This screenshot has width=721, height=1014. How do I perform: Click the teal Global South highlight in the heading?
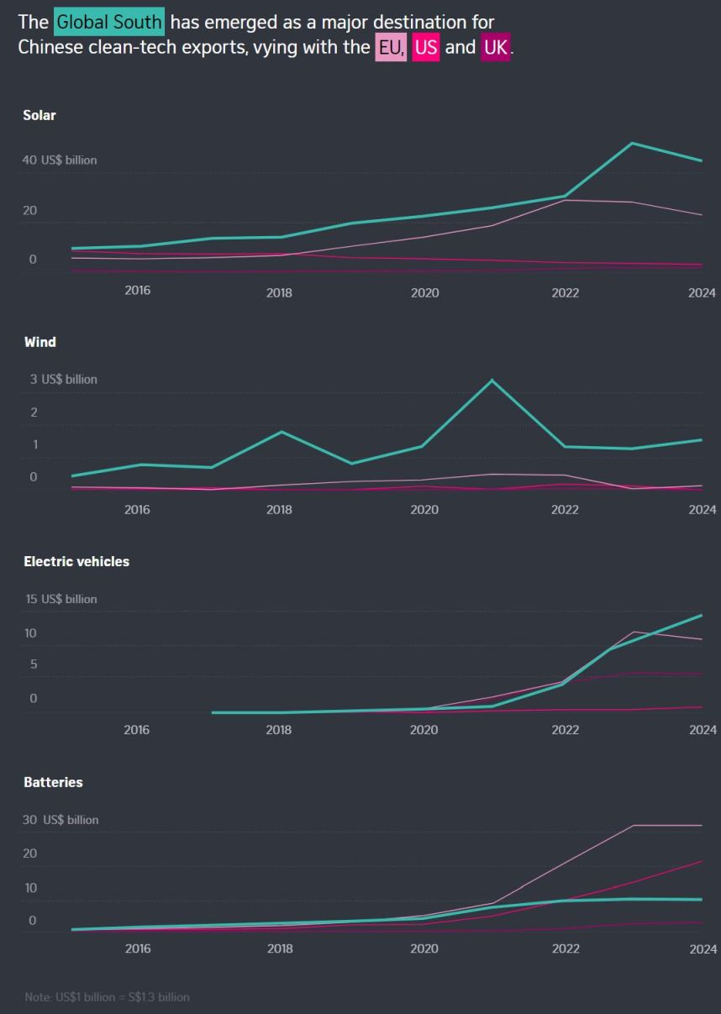[108, 22]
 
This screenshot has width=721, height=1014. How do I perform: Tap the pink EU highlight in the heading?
[391, 48]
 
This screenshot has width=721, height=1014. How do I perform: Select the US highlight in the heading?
[426, 48]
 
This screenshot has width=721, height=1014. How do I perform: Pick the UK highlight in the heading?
[496, 48]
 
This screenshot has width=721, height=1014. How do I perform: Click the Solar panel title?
[39, 116]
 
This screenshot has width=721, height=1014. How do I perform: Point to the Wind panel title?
[39, 342]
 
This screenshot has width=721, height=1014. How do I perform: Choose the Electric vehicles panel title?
[76, 561]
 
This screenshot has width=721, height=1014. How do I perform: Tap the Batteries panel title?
[53, 782]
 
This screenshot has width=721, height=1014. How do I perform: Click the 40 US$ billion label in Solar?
[60, 160]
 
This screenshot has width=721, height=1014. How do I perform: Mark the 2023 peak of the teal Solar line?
[632, 143]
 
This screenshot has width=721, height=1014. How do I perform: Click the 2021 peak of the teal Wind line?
[493, 381]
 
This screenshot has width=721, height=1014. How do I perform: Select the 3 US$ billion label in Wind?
[64, 379]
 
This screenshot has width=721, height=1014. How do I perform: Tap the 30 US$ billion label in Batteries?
[61, 819]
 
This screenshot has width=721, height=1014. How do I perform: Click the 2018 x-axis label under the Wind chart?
[279, 510]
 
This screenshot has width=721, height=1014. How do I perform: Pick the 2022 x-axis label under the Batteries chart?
[566, 948]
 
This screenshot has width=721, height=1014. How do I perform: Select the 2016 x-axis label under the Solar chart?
[137, 291]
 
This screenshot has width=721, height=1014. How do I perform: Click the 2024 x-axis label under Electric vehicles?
[703, 729]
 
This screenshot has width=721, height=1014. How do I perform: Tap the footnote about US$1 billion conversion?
[107, 997]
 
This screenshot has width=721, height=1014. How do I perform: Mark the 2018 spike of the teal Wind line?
[282, 432]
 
